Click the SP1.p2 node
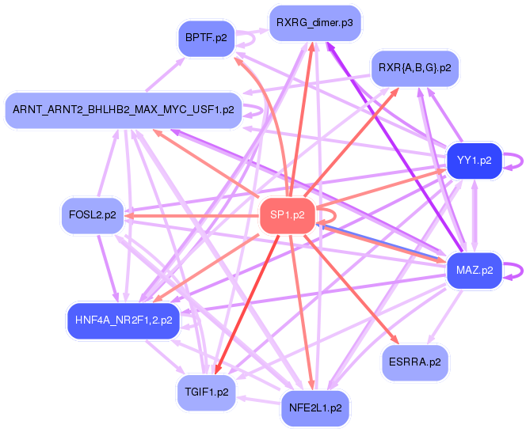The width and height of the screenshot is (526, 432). pyautogui.click(x=288, y=215)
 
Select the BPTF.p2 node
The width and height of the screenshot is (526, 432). pyautogui.click(x=206, y=38)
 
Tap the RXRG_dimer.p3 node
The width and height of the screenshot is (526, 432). pyautogui.click(x=314, y=23)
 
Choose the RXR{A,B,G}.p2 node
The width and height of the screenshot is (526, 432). pyautogui.click(x=414, y=68)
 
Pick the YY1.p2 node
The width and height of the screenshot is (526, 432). pyautogui.click(x=475, y=161)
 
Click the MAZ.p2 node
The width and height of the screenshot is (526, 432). pyautogui.click(x=475, y=271)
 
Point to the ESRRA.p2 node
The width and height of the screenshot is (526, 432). pyautogui.click(x=415, y=362)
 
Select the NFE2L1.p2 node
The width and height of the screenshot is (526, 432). pyautogui.click(x=315, y=408)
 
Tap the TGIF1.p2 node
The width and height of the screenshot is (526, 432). pyautogui.click(x=207, y=392)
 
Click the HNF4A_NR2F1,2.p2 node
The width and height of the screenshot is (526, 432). pyautogui.click(x=124, y=320)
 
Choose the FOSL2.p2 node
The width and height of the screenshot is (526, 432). pyautogui.click(x=93, y=215)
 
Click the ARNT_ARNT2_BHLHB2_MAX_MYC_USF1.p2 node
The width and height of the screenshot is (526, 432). pyautogui.click(x=124, y=110)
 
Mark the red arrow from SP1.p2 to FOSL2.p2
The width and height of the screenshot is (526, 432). pyautogui.click(x=192, y=216)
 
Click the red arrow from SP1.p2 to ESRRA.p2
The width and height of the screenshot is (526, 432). pyautogui.click(x=352, y=290)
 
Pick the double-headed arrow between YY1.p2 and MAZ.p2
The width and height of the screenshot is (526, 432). pyautogui.click(x=475, y=216)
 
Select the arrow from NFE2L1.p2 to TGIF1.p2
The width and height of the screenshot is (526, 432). pyautogui.click(x=258, y=400)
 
